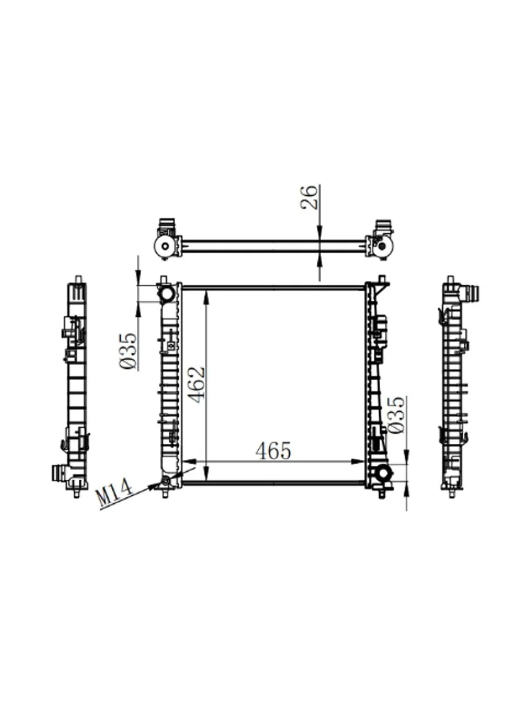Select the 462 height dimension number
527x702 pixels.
[196, 384]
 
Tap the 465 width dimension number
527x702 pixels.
[273, 451]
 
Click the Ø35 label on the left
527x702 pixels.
[129, 352]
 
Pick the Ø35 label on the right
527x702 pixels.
[396, 415]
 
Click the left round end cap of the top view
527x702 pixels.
[165, 247]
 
